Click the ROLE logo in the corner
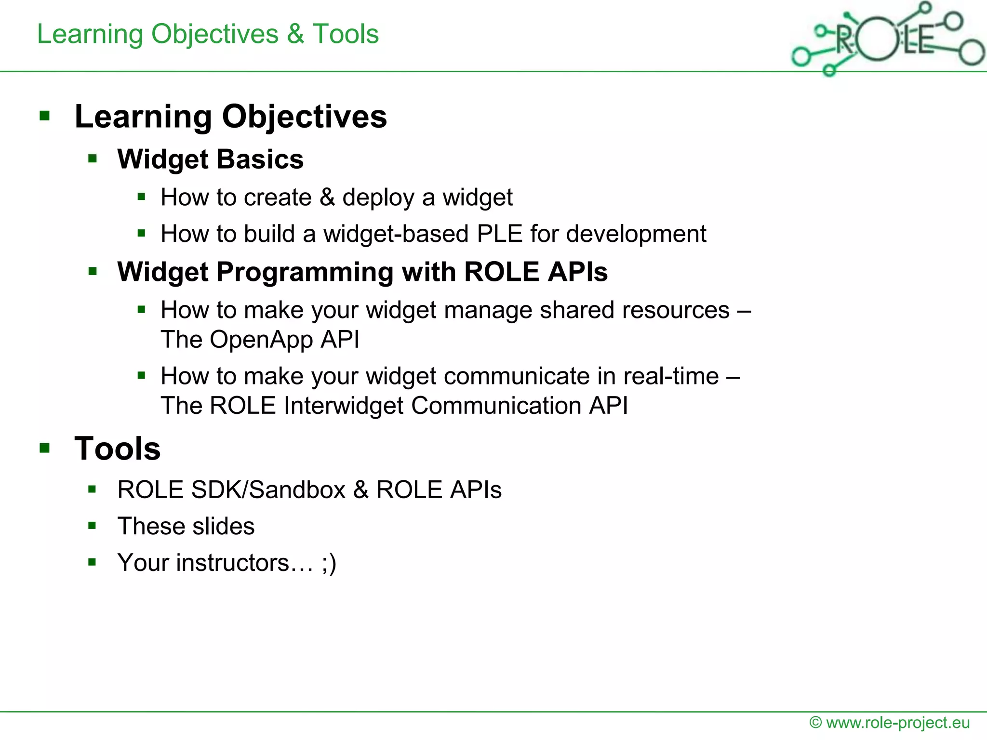(887, 39)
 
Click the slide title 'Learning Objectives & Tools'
(208, 34)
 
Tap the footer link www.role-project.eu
(897, 723)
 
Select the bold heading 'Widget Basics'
(210, 159)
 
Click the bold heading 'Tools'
(117, 449)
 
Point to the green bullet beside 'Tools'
(45, 449)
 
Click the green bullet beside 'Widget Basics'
(93, 159)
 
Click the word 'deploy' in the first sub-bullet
(378, 198)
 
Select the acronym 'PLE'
(499, 234)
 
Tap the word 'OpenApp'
(261, 340)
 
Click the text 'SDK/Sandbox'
(268, 490)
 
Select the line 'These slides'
(186, 526)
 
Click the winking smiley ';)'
(329, 563)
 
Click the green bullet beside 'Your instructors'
(93, 562)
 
